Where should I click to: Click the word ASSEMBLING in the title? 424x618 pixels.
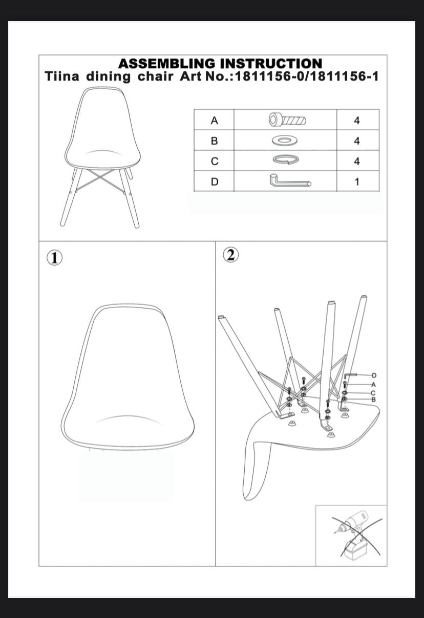coord(166,64)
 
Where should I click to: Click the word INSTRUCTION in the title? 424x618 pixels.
coord(271,64)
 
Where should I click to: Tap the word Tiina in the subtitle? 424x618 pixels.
coord(62,76)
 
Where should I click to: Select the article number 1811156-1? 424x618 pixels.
coord(346,76)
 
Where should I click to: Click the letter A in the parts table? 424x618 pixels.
coord(215,121)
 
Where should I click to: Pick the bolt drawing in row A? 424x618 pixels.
coord(287,120)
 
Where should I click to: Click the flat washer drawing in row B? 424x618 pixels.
coord(285,141)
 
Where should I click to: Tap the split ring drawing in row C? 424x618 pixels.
coord(286,160)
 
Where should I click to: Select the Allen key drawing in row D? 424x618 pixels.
coord(290,182)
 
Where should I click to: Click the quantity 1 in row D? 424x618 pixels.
coord(357,182)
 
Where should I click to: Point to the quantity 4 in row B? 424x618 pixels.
coord(357,141)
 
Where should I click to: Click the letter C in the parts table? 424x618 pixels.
coord(215,162)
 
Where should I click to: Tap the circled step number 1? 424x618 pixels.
coord(54,258)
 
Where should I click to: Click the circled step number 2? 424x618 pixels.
coord(231,255)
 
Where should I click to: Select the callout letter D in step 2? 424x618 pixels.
coord(374,375)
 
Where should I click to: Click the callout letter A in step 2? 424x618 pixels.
coord(374,385)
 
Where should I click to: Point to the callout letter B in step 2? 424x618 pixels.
coord(374,400)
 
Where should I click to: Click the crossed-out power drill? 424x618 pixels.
coord(355,536)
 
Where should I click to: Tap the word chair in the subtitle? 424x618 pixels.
coord(156,76)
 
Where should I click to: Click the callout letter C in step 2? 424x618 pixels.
coord(373,393)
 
